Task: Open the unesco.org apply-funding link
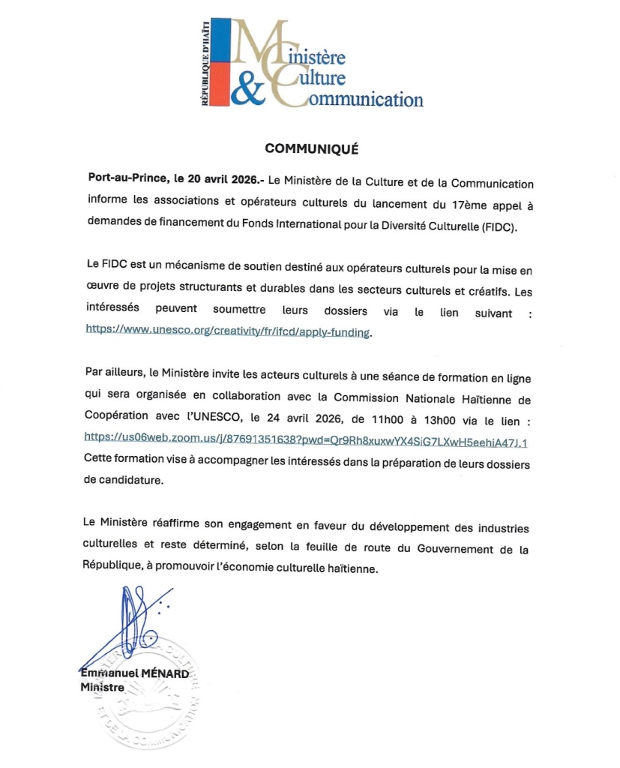(x=228, y=331)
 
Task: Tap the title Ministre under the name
(x=103, y=686)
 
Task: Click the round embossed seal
(x=150, y=694)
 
